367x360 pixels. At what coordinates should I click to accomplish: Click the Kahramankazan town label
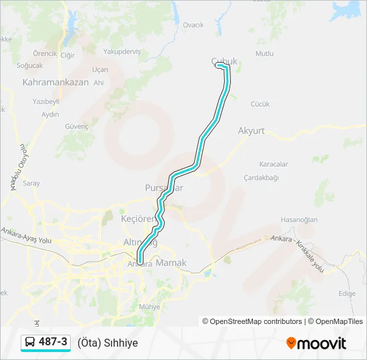pos(55,83)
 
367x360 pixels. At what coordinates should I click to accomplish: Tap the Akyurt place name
pos(251,131)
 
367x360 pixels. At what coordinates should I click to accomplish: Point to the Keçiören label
pos(137,219)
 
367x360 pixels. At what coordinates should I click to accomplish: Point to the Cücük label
pos(260,104)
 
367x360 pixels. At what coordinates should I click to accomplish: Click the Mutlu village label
pos(264,53)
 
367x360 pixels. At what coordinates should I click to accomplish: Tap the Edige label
pos(346,293)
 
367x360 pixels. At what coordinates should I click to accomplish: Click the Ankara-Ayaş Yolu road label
pos(27,235)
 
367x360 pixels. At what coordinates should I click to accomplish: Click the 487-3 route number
pos(53,342)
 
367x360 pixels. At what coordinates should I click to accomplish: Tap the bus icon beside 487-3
pos(30,343)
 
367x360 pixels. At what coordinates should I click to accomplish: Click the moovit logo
pos(316,343)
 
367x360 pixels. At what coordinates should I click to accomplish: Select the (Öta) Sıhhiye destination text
pos(107,343)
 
